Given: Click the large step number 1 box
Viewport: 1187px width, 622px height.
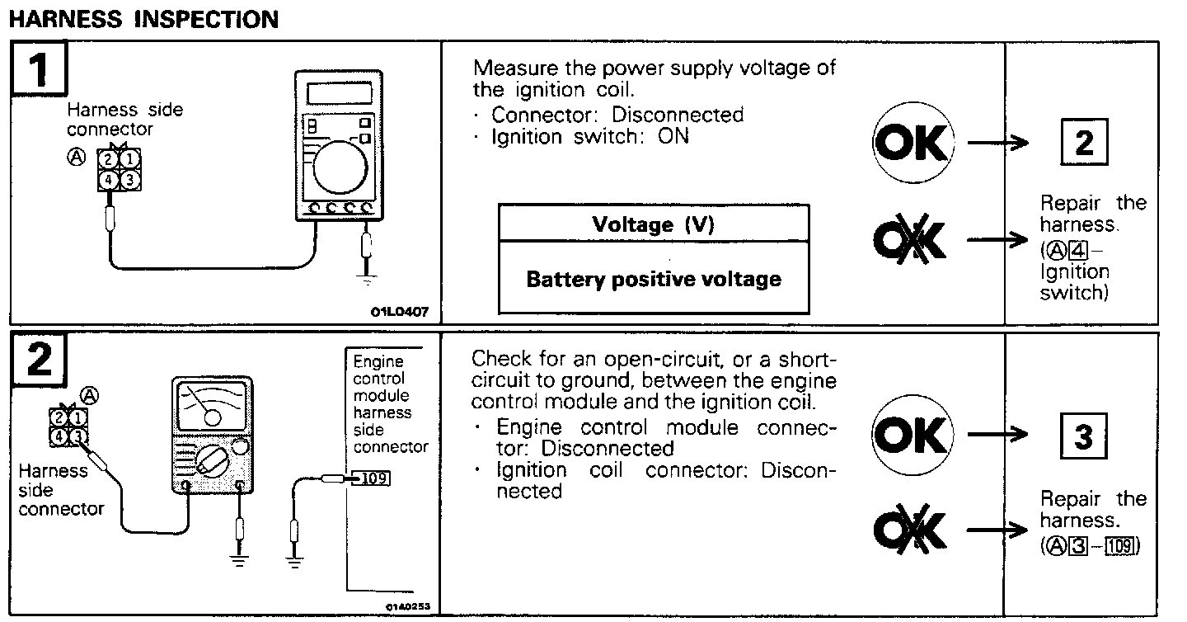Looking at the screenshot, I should pos(39,70).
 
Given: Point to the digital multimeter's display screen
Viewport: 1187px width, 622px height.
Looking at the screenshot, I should pos(338,93).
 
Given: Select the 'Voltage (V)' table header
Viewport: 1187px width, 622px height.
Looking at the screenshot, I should pos(654,224).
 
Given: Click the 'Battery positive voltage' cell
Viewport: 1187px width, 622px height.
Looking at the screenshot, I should pos(654,279).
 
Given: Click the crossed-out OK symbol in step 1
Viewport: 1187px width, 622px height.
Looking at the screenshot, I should pos(911,240).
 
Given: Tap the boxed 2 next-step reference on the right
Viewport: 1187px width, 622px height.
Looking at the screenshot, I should pos(1083,143).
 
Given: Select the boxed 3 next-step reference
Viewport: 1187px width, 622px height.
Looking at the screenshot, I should pos(1083,436).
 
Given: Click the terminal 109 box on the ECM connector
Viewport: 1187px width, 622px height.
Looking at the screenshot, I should pos(374,478).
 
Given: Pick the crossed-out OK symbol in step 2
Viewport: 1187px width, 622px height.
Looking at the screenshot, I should pos(911,529).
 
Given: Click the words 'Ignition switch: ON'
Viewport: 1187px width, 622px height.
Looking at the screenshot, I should pos(589,136).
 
